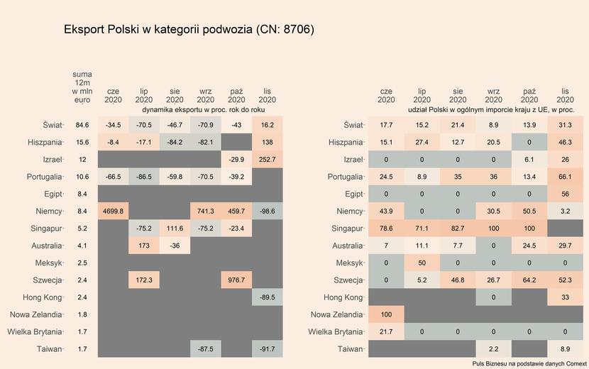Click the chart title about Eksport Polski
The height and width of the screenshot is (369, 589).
click(x=189, y=30)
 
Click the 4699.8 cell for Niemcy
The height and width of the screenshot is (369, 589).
click(x=113, y=211)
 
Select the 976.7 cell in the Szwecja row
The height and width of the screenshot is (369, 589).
click(x=237, y=280)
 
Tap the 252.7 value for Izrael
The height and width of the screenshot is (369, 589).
click(x=268, y=159)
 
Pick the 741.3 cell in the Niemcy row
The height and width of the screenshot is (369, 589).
click(x=206, y=211)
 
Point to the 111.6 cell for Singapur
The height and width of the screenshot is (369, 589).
click(x=175, y=228)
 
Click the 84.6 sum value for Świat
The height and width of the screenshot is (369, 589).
click(x=82, y=125)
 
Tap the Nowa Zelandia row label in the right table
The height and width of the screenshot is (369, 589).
click(x=338, y=314)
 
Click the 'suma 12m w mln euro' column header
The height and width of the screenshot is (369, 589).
click(x=82, y=87)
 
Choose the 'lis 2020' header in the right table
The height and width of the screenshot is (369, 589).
click(x=565, y=95)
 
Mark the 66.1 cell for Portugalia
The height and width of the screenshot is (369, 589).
click(x=565, y=176)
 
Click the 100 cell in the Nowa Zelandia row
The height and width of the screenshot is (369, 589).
click(x=386, y=314)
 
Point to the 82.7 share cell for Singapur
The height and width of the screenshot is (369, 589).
click(x=458, y=228)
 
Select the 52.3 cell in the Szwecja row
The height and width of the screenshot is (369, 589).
click(x=565, y=280)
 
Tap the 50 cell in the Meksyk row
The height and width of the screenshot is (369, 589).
click(x=422, y=263)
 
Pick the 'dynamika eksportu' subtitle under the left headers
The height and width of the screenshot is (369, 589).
click(x=204, y=110)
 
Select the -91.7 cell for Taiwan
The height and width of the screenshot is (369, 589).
click(x=268, y=348)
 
